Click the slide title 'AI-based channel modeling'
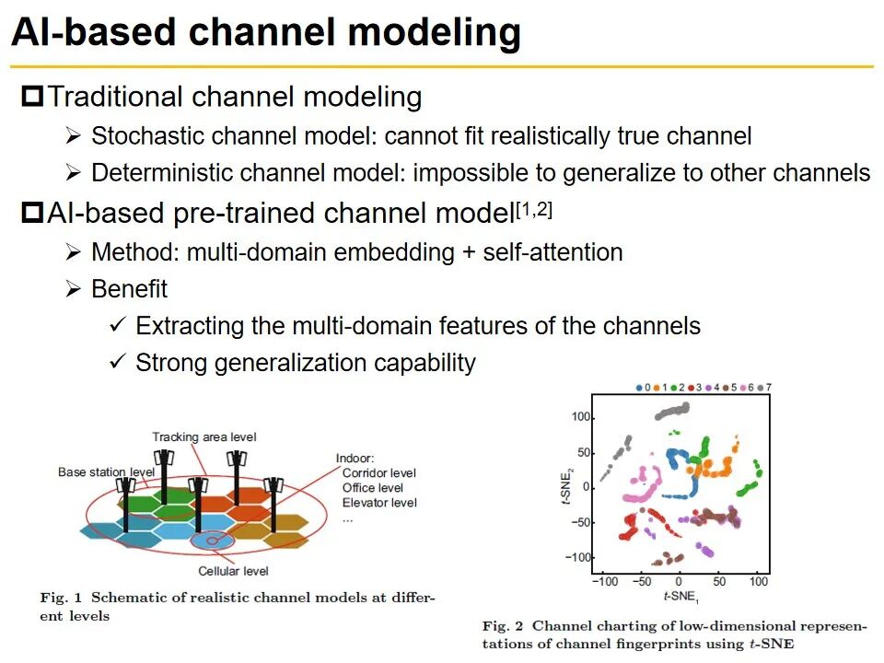265,33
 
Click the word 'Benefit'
129,289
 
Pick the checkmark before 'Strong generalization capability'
117,363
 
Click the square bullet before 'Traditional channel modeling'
33,96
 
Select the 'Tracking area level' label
204,436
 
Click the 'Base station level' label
106,472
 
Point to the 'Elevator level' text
378,503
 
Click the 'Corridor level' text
378,473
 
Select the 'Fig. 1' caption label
61,598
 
